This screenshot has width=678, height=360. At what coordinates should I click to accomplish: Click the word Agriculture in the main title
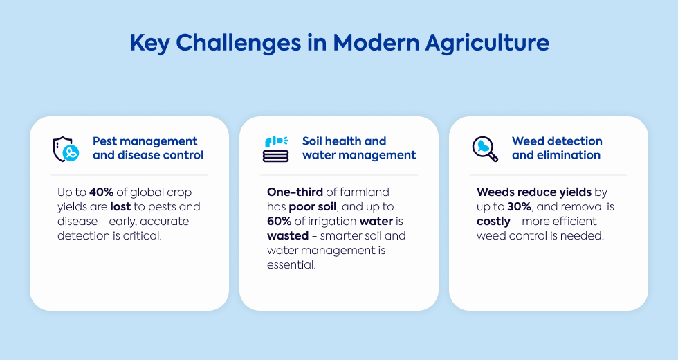pos(487,43)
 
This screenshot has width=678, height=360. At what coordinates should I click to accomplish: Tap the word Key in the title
pos(149,43)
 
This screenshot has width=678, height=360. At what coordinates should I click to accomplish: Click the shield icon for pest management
pos(66,150)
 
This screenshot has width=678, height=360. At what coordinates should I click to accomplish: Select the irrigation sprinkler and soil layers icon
pos(276,150)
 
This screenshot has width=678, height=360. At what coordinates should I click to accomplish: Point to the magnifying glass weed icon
pos(485,150)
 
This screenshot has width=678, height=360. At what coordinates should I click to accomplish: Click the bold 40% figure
pos(102,192)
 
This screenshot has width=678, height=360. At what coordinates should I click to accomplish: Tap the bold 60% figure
pos(280,221)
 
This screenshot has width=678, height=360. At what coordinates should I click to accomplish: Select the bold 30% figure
pos(520,207)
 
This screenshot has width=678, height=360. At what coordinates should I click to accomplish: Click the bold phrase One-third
pos(295,192)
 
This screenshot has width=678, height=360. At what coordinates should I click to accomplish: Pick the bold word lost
pos(120,207)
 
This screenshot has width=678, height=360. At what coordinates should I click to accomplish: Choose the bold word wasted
pos(288,236)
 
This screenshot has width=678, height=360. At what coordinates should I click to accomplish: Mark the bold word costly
pos(494,222)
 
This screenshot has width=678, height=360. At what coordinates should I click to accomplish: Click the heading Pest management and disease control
pos(148,148)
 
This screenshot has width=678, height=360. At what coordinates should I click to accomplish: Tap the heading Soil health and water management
pos(359,148)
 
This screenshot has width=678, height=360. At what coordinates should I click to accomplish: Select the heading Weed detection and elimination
pos(557,148)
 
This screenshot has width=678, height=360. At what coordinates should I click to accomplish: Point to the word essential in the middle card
pos(291,264)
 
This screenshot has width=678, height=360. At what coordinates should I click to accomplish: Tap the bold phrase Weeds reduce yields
pos(534,192)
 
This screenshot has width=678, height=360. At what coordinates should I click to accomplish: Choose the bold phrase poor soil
pos(313,207)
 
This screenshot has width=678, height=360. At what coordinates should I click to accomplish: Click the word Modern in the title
pos(376,43)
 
